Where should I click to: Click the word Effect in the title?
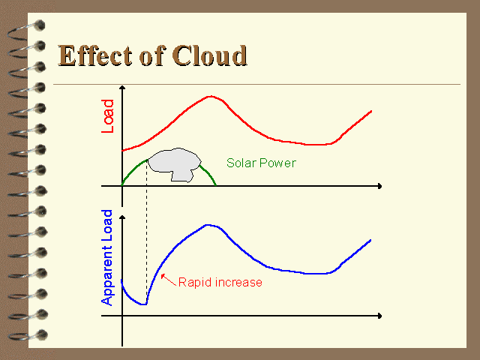click(95, 55)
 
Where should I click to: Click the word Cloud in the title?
click(210, 55)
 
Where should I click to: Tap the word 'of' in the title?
click(152, 55)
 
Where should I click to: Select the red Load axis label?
click(107, 116)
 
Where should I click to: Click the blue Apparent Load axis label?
click(106, 257)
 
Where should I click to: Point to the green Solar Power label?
click(261, 163)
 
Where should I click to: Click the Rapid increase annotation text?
click(220, 282)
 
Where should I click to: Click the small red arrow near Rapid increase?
click(168, 280)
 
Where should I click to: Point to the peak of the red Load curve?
click(211, 97)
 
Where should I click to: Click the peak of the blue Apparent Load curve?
click(208, 225)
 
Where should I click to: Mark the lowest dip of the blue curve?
click(144, 304)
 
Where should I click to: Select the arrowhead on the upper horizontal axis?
click(380, 186)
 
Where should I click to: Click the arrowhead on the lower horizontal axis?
click(380, 316)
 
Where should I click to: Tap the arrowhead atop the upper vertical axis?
click(122, 88)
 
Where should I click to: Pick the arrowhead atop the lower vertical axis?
click(122, 217)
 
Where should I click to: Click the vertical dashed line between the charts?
click(147, 232)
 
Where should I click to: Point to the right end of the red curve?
click(371, 111)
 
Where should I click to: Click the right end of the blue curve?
click(370, 240)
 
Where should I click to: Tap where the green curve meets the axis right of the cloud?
click(216, 185)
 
